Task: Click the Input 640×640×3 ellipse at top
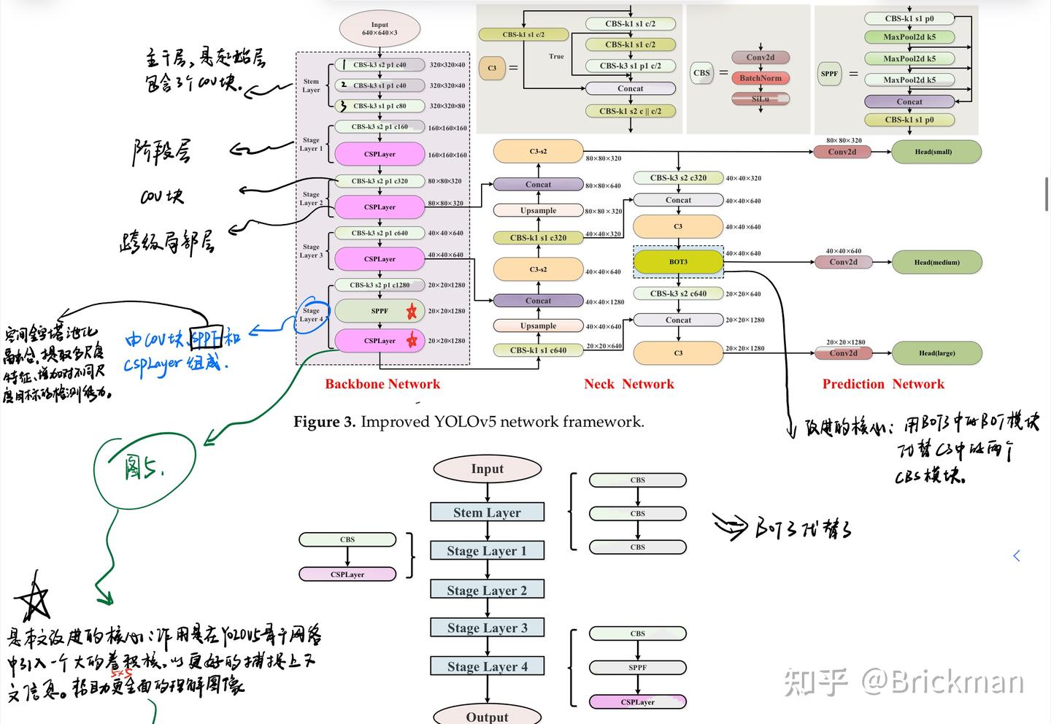pos(380,29)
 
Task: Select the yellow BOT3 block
pos(678,261)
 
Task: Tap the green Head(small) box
pos(936,152)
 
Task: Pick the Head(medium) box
pos(936,262)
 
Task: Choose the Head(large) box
pos(936,353)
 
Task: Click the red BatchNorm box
pos(760,78)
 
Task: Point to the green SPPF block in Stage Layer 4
pos(380,311)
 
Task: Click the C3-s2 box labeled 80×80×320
pos(538,152)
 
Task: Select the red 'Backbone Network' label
pos(382,384)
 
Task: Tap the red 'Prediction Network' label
pos(883,384)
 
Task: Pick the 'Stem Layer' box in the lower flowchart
pos(487,512)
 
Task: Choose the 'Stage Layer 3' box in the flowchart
pos(487,628)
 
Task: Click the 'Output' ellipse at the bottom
pos(487,715)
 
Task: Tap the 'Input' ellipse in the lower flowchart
pos(487,469)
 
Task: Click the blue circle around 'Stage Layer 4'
pos(312,315)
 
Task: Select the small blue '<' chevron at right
pos(1017,556)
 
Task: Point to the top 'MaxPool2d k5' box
pos(909,36)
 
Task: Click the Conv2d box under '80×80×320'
pos(842,152)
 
